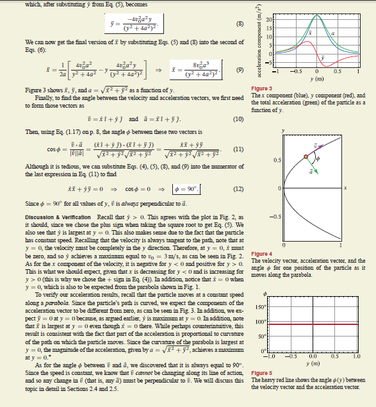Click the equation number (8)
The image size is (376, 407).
[x=240, y=24]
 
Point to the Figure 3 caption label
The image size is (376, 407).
[x=263, y=88]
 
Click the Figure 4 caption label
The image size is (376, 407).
[x=263, y=254]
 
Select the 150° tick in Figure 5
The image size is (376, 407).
[x=270, y=307]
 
